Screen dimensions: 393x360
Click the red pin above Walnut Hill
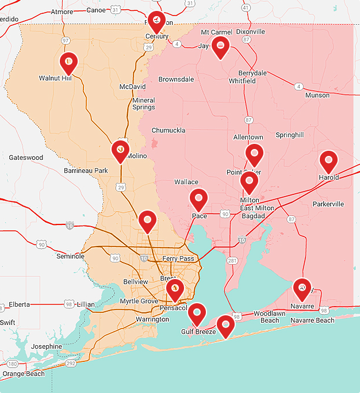point(68,62)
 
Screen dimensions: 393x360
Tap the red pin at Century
point(156,21)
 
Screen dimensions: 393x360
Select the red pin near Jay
point(220,47)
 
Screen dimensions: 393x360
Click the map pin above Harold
point(328,161)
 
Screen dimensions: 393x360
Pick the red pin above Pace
point(198,199)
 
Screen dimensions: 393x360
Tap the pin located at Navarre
point(302,288)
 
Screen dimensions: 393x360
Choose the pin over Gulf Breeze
point(197,313)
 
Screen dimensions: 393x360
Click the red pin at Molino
point(120,150)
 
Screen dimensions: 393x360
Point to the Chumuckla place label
point(168,131)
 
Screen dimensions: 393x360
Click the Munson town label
point(317,96)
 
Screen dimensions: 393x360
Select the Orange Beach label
point(23,374)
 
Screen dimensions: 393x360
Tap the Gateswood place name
point(26,158)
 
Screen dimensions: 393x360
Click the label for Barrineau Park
point(86,171)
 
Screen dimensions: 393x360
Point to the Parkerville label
point(328,204)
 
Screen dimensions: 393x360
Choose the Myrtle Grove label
point(138,302)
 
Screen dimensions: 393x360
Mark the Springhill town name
point(289,135)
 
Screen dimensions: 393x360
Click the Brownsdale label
point(176,79)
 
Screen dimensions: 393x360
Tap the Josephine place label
point(47,346)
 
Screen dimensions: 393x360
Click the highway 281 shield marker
point(232,261)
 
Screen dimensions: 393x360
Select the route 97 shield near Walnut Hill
point(66,41)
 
